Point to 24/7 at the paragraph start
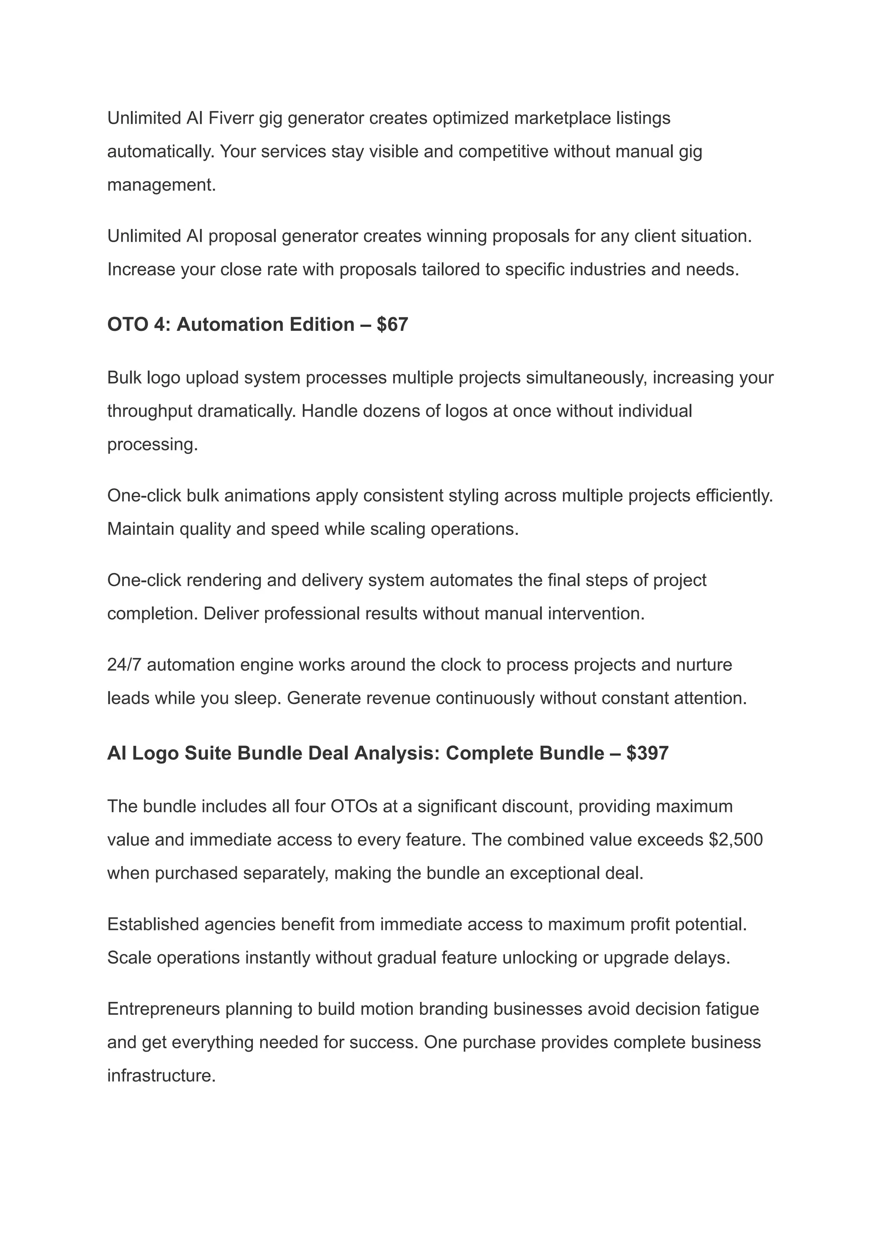point(125,665)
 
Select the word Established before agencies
point(153,924)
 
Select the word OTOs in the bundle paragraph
point(354,806)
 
